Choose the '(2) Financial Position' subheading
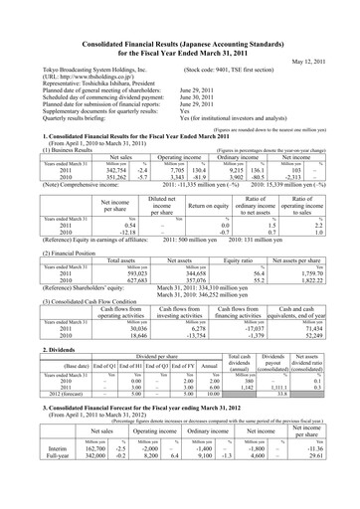(x=50, y=253)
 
